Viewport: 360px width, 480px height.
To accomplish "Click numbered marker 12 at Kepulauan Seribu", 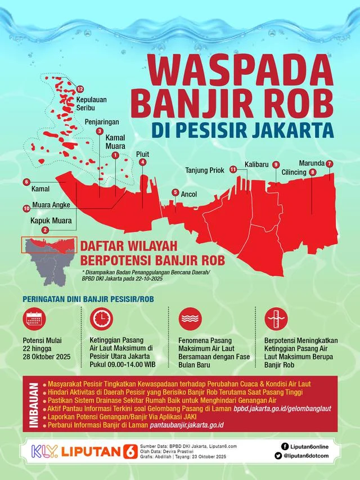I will (x=80, y=89).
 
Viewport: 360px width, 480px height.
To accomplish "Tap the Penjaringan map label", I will (x=103, y=121).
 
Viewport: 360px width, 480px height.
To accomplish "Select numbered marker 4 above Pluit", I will (x=143, y=162).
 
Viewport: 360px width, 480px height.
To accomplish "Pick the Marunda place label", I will (x=311, y=163).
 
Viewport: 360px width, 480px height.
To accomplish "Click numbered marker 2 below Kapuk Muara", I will (x=44, y=230).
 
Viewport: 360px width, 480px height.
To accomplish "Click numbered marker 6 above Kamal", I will (x=26, y=182).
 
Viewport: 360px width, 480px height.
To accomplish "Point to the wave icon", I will (x=190, y=319).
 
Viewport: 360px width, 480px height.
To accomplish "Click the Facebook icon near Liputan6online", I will (x=278, y=443).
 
